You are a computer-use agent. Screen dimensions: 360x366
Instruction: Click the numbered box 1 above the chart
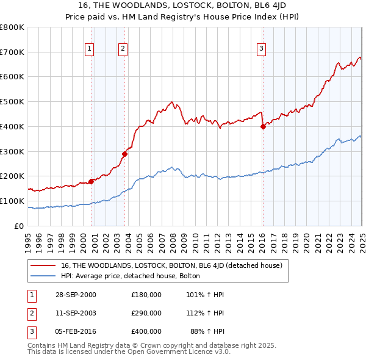(90, 49)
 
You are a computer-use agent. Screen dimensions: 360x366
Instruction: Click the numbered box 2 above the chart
(123, 49)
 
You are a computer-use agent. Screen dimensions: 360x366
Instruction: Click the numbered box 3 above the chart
(261, 49)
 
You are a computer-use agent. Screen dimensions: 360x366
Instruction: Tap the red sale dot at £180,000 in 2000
(91, 181)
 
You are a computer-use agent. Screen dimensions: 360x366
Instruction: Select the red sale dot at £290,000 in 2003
(124, 154)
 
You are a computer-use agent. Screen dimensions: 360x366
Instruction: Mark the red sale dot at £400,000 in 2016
(263, 127)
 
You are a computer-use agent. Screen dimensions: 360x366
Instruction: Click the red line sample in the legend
(44, 266)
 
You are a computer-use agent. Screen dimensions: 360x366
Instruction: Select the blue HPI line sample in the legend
(44, 276)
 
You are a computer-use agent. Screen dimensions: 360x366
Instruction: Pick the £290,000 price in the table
(146, 313)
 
